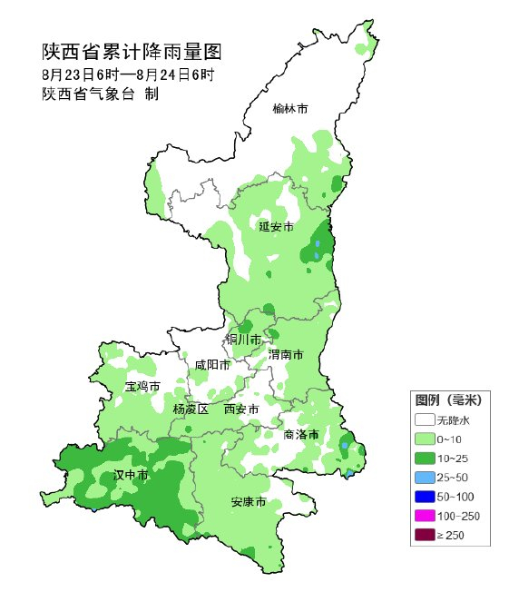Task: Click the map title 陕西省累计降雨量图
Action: click(x=132, y=52)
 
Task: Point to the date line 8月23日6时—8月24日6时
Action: click(x=127, y=74)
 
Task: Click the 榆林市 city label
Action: click(x=290, y=109)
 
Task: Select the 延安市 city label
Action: click(x=276, y=226)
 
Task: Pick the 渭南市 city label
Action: click(x=286, y=354)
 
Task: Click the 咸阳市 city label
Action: click(x=212, y=364)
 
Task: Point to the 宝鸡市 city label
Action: click(x=142, y=387)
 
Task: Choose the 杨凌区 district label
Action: click(x=191, y=409)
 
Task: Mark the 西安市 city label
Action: click(x=241, y=409)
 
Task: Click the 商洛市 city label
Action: click(x=300, y=434)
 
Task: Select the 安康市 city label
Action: click(x=248, y=501)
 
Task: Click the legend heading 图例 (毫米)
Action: click(x=448, y=400)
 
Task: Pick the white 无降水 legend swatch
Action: click(x=424, y=419)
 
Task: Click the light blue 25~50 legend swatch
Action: click(x=424, y=477)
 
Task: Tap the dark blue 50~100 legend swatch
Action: click(x=424, y=497)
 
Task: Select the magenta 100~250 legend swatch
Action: click(x=424, y=516)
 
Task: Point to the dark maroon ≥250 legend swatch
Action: click(x=424, y=535)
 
